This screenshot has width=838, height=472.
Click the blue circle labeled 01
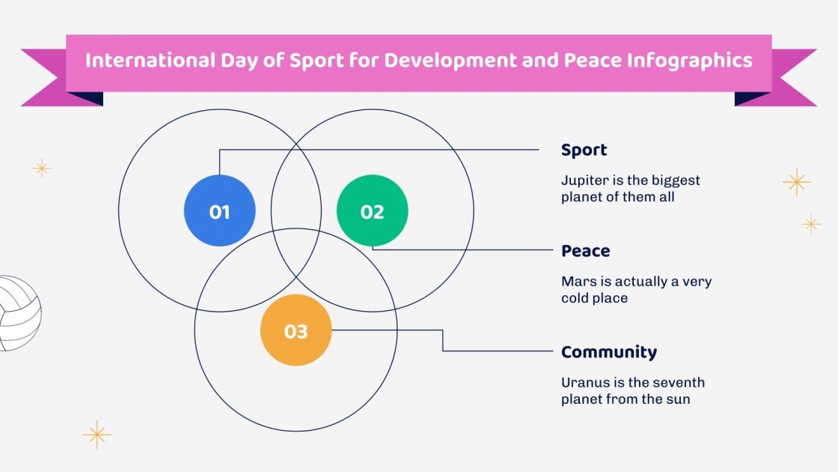[219, 211]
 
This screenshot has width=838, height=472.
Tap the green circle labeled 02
[373, 211]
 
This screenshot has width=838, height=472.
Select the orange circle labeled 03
[296, 330]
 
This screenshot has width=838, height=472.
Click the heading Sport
[584, 150]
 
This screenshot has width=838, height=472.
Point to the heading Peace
[585, 251]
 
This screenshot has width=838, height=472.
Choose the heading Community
[608, 352]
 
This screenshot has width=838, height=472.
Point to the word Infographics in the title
[701, 60]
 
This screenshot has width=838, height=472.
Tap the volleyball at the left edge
[18, 313]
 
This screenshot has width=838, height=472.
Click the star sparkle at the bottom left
[97, 435]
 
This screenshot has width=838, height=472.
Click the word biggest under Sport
[674, 181]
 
